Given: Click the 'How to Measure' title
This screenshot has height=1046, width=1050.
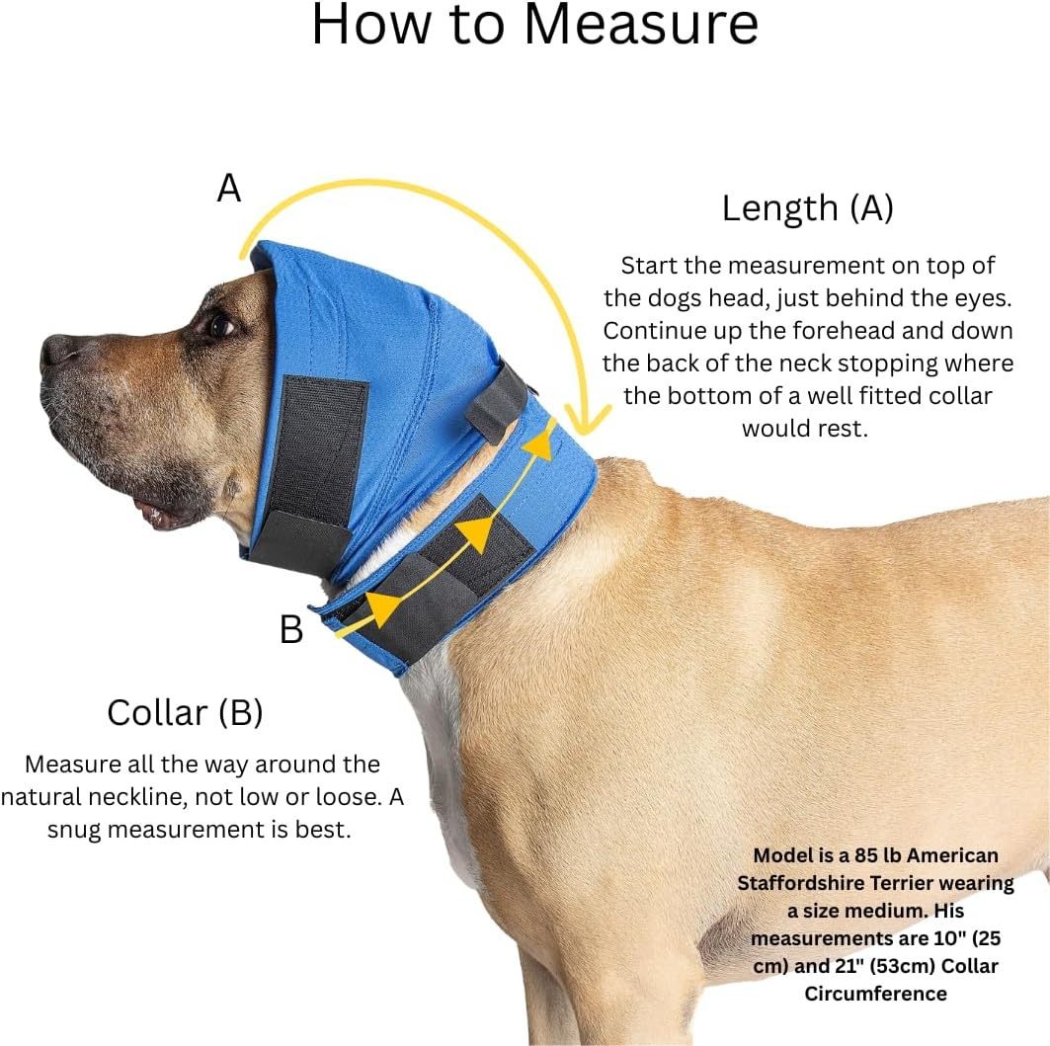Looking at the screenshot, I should (x=534, y=27).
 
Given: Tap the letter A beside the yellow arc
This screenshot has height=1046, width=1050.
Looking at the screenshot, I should (x=228, y=188).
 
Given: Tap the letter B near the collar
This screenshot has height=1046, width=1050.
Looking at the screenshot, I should (x=291, y=629).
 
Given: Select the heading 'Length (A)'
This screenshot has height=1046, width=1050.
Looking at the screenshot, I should (x=807, y=208).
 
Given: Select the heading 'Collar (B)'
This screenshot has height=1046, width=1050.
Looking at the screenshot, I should (x=185, y=712).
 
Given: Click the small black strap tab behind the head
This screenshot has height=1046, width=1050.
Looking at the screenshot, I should (x=497, y=402).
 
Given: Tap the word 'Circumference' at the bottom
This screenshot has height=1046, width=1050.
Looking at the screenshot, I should (x=875, y=994).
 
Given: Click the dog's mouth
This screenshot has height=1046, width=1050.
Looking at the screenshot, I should (x=153, y=512).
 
